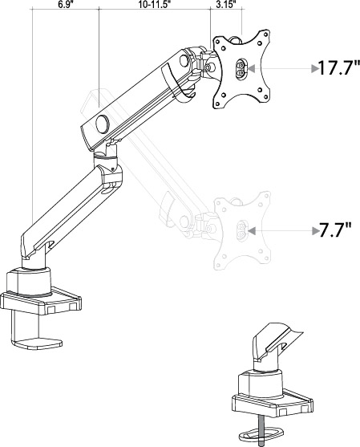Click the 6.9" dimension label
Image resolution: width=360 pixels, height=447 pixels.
click(x=66, y=5)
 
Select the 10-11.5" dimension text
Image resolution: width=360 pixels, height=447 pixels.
click(x=152, y=5)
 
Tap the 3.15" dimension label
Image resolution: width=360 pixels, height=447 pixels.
click(x=225, y=5)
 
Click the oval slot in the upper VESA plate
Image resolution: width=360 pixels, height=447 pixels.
click(x=239, y=70)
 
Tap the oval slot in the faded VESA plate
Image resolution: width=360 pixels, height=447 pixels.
click(x=237, y=231)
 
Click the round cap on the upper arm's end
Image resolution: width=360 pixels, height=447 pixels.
click(x=102, y=124)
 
